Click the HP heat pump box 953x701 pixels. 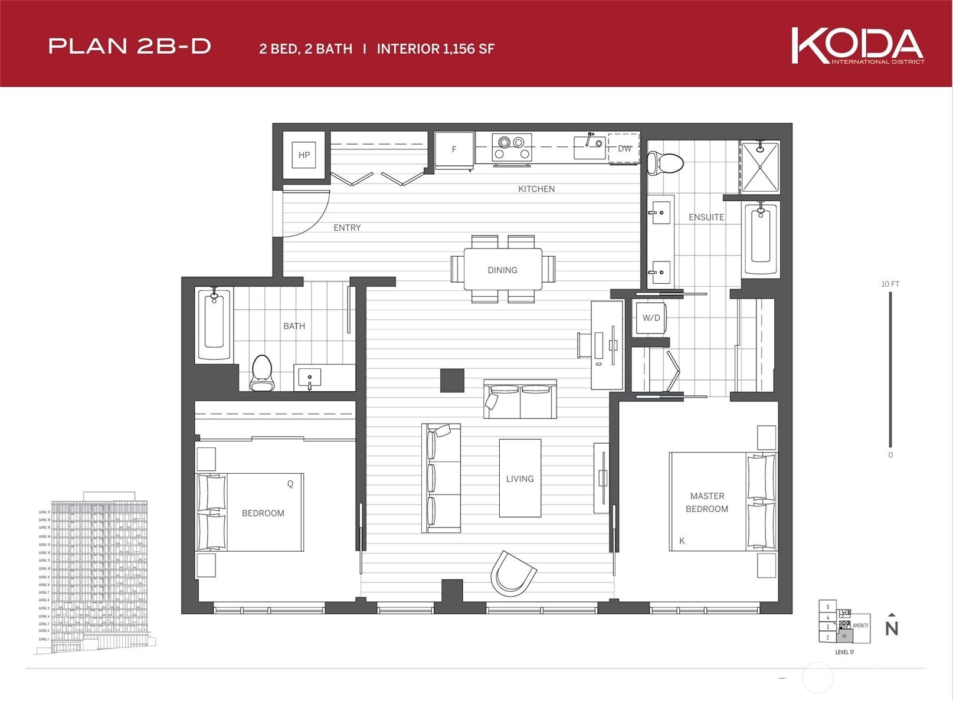pyautogui.click(x=304, y=155)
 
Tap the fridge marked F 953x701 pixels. pyautogui.click(x=454, y=150)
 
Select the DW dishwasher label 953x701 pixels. pyautogui.click(x=624, y=149)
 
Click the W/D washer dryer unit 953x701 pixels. pyautogui.click(x=651, y=318)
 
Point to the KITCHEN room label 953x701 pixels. pyautogui.click(x=536, y=189)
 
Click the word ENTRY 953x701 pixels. pyautogui.click(x=347, y=228)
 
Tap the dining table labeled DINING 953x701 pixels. pyautogui.click(x=502, y=270)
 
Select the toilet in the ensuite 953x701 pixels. pyautogui.click(x=665, y=162)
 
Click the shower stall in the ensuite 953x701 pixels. pyautogui.click(x=759, y=167)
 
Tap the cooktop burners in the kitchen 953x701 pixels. pyautogui.click(x=511, y=148)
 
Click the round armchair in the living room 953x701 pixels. pyautogui.click(x=512, y=574)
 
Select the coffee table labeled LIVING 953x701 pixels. pyautogui.click(x=520, y=479)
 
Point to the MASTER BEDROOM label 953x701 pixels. pyautogui.click(x=706, y=502)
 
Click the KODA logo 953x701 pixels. pyautogui.click(x=857, y=45)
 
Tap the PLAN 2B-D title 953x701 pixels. pyautogui.click(x=130, y=47)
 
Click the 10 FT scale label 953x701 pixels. pyautogui.click(x=890, y=284)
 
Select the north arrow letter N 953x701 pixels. pyautogui.click(x=891, y=628)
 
